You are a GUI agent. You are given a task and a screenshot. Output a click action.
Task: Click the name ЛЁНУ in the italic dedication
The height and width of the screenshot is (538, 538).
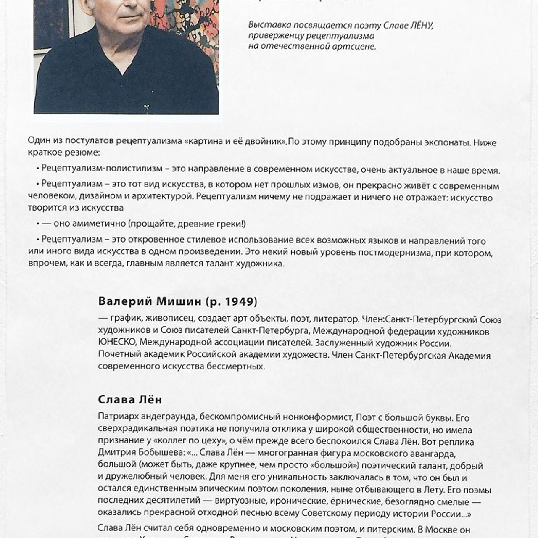coord(420,25)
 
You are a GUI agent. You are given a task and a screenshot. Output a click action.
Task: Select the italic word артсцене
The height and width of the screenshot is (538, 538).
coord(354,46)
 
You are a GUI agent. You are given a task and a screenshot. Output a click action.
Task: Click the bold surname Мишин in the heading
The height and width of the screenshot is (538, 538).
coord(178,301)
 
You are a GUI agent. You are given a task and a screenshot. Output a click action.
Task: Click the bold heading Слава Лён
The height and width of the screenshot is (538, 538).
coord(130,399)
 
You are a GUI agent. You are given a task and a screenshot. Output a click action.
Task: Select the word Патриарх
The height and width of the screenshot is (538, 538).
coord(118,417)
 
